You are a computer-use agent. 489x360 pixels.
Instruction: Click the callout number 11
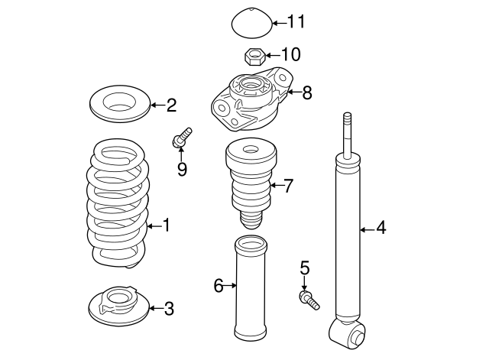295,21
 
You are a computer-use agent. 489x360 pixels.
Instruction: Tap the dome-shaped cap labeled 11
252,23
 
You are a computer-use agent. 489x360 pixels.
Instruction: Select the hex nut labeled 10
254,56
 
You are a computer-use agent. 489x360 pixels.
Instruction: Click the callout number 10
291,55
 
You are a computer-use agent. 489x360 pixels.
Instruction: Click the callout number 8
306,93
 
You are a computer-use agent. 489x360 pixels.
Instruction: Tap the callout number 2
171,105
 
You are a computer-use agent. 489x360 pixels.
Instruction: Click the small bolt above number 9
182,138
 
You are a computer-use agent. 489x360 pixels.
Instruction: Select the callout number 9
182,169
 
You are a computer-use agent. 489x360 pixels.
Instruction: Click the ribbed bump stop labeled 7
248,183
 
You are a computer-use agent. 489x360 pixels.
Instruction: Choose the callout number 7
288,185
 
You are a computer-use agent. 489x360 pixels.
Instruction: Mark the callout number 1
166,225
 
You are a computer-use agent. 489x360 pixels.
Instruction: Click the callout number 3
169,309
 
